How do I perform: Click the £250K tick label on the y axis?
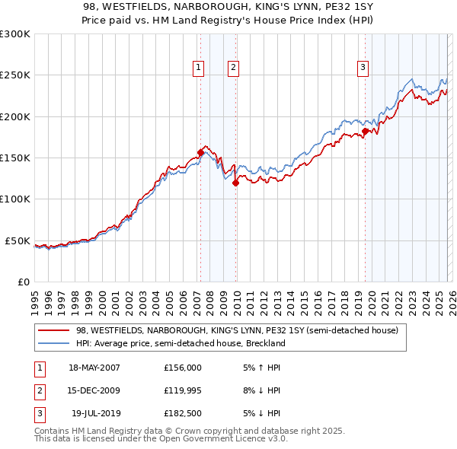(x=14, y=75)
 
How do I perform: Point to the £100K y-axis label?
(x=14, y=199)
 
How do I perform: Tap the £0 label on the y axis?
(x=23, y=282)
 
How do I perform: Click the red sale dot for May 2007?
(x=200, y=152)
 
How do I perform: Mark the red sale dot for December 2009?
(x=235, y=183)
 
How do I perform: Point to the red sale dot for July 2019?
(x=365, y=131)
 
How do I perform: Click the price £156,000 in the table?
(x=183, y=368)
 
